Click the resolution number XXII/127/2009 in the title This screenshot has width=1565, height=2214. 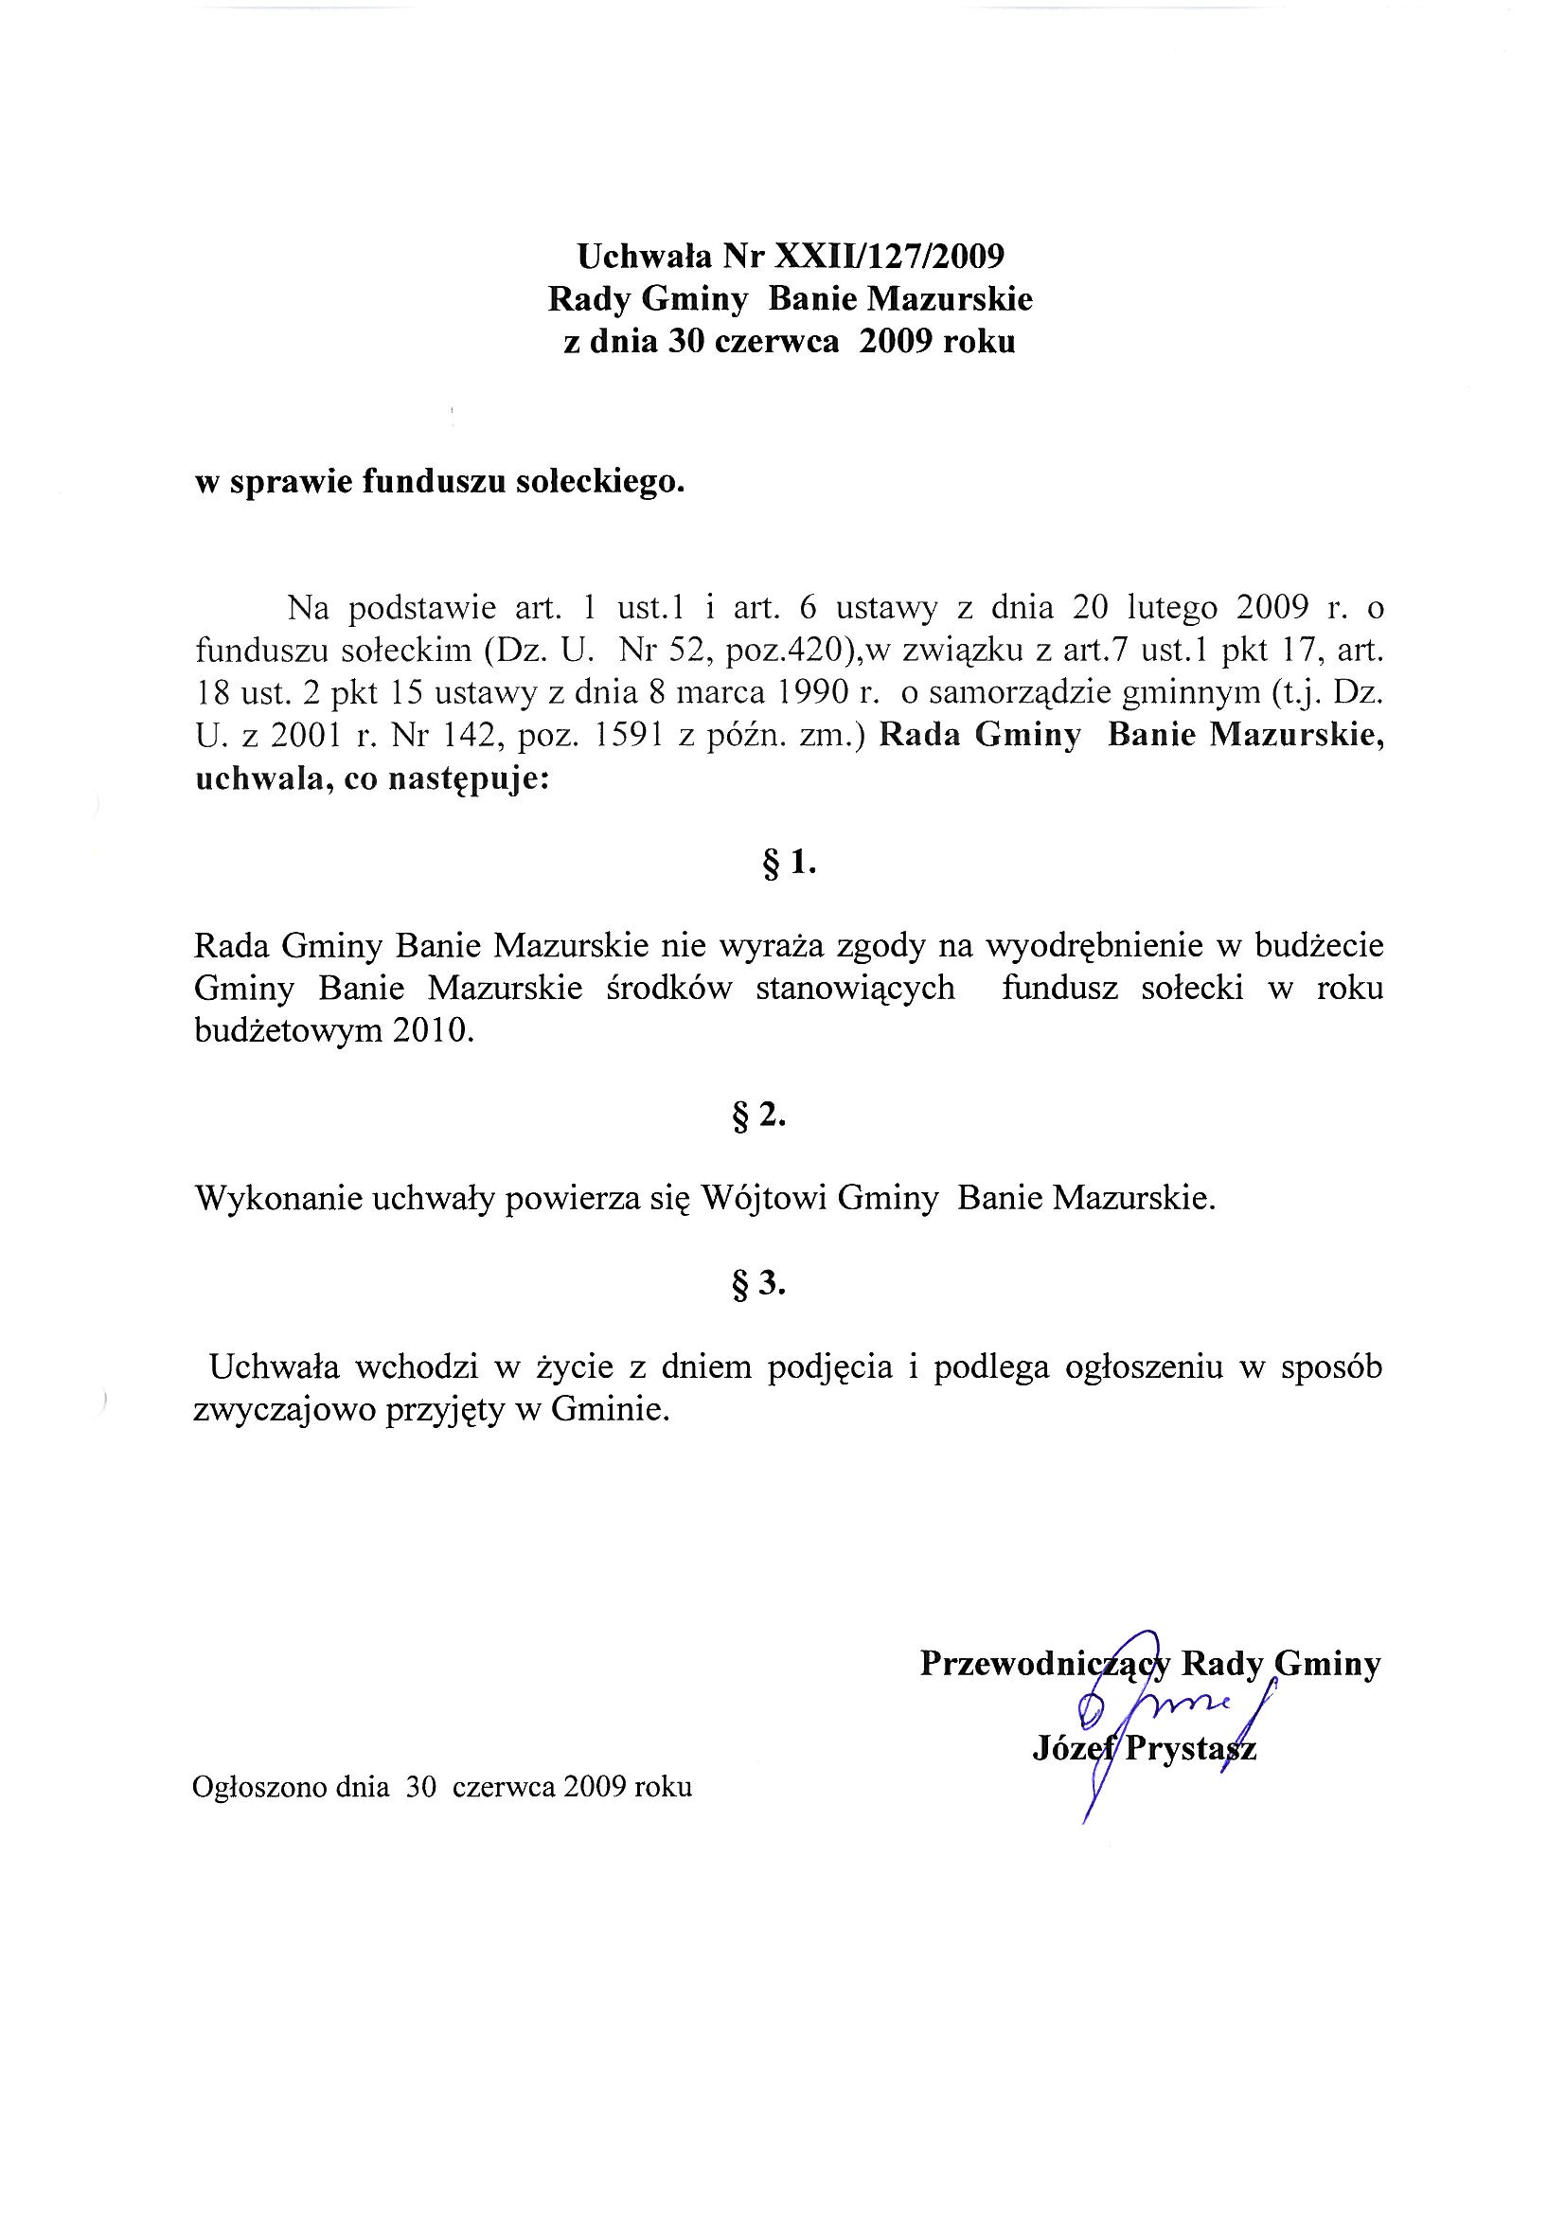pyautogui.click(x=890, y=257)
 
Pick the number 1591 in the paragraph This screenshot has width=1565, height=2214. pyautogui.click(x=628, y=736)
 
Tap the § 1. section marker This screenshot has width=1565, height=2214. pyautogui.click(x=789, y=864)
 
